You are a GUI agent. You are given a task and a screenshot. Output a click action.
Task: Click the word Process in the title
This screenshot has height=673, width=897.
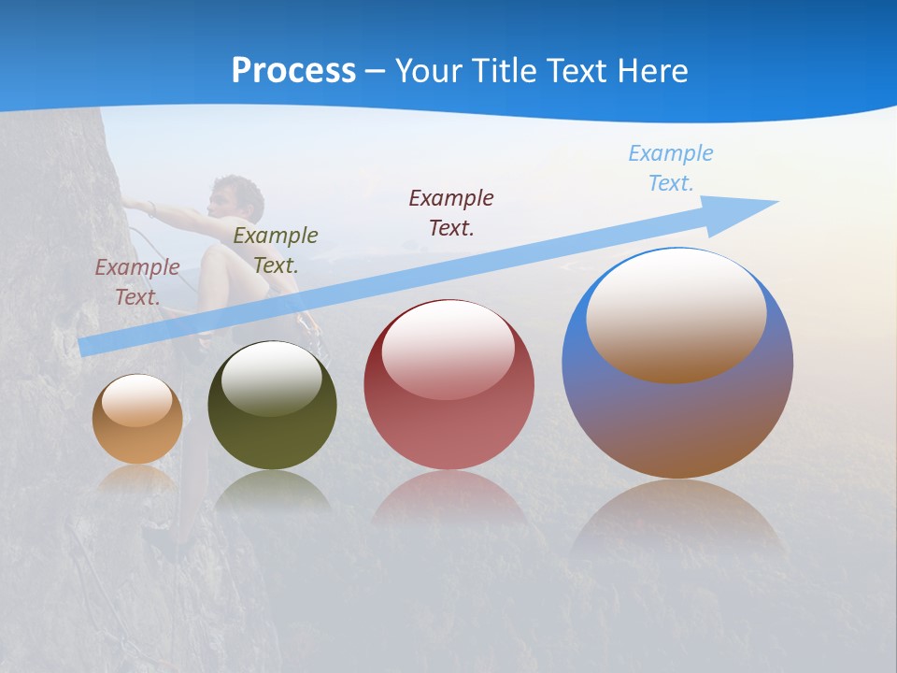click(x=293, y=71)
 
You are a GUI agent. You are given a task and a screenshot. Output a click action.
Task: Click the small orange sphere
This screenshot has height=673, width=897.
click(x=137, y=419)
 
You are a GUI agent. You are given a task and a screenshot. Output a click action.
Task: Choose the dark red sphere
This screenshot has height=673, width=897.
click(x=448, y=385)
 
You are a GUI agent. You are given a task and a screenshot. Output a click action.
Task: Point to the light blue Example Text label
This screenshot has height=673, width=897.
click(x=671, y=168)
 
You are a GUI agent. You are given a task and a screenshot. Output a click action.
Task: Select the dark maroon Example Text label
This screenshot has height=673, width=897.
click(x=451, y=212)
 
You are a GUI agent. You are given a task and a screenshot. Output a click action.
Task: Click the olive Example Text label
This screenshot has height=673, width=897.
click(x=276, y=250)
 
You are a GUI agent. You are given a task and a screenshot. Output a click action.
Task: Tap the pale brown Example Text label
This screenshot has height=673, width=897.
click(x=137, y=281)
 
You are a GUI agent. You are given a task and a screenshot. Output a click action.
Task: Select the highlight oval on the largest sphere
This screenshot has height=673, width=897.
click(x=676, y=314)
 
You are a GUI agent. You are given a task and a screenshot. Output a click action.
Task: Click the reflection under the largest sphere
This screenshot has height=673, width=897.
click(x=677, y=514)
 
